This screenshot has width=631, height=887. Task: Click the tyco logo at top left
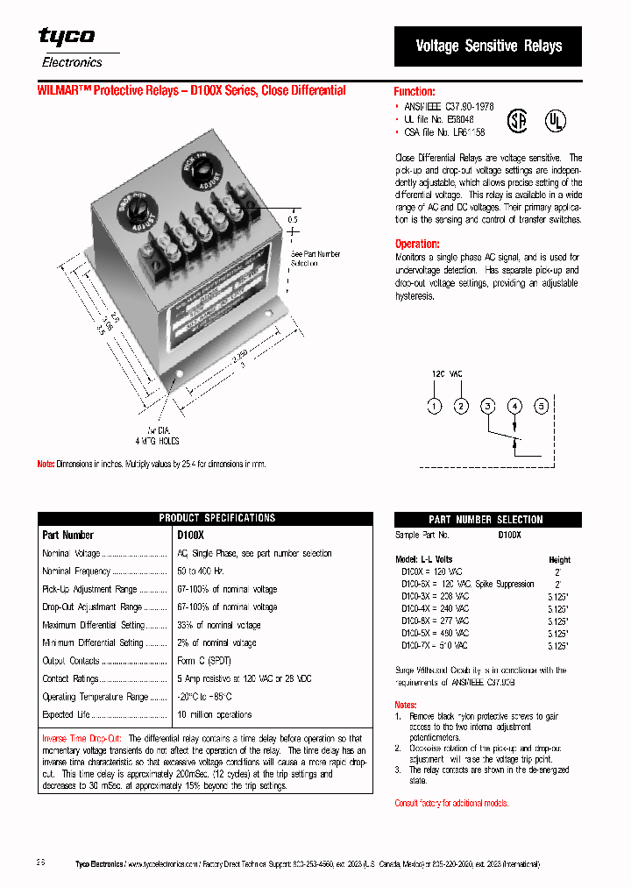pyautogui.click(x=67, y=37)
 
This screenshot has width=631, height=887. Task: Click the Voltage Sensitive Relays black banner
pyautogui.click(x=488, y=46)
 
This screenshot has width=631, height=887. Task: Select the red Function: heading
pyautogui.click(x=415, y=91)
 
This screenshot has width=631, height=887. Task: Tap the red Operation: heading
pyautogui.click(x=417, y=244)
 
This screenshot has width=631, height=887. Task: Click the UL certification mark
pyautogui.click(x=556, y=119)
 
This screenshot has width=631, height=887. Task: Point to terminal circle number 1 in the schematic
pyautogui.click(x=434, y=406)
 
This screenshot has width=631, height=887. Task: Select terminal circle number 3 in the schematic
pyautogui.click(x=488, y=406)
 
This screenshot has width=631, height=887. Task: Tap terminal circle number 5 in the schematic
pyautogui.click(x=542, y=406)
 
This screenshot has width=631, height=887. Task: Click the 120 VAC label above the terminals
pyautogui.click(x=447, y=373)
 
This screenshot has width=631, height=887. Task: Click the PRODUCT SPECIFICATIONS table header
pyautogui.click(x=217, y=518)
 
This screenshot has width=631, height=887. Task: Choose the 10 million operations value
pyautogui.click(x=215, y=715)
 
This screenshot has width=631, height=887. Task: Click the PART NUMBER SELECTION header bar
pyautogui.click(x=486, y=520)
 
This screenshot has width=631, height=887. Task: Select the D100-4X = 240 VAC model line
pyautogui.click(x=435, y=607)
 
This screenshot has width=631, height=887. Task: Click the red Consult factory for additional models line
pyautogui.click(x=450, y=803)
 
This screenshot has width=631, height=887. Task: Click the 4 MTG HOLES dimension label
pyautogui.click(x=158, y=441)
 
